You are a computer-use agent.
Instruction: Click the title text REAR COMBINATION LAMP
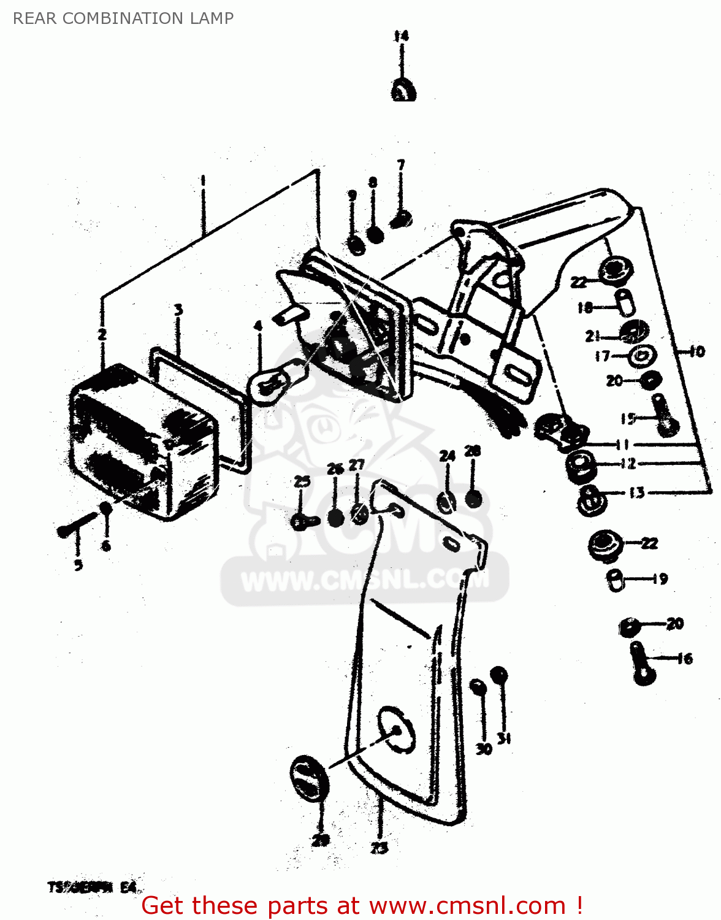(123, 18)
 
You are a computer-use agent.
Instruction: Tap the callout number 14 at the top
(401, 36)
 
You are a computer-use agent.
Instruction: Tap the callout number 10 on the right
(697, 351)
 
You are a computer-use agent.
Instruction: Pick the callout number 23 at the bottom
(380, 848)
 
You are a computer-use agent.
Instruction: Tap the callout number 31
(503, 739)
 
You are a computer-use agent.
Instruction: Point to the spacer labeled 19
(616, 580)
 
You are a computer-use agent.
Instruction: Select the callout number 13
(637, 493)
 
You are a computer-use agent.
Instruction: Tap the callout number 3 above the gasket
(178, 310)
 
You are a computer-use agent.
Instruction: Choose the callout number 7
(401, 165)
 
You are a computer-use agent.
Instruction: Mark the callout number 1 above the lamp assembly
(203, 181)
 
